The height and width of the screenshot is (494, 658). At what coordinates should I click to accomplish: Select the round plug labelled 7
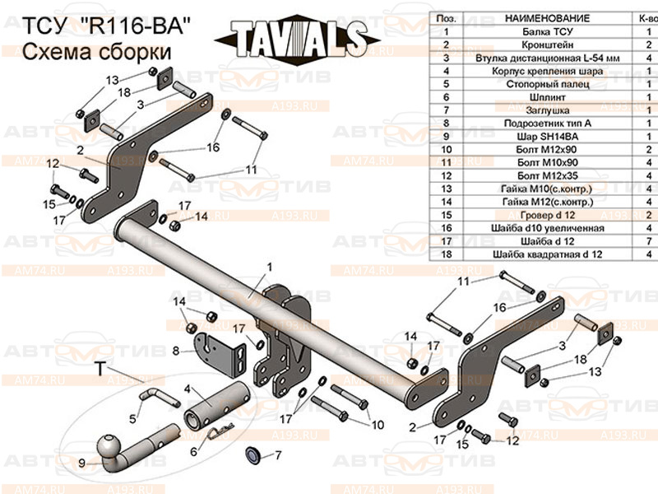point(253,454)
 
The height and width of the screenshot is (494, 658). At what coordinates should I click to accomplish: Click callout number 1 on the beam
point(268,267)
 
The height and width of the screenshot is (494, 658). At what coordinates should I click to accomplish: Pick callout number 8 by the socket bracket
point(175,352)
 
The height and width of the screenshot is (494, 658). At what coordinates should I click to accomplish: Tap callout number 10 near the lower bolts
point(378,425)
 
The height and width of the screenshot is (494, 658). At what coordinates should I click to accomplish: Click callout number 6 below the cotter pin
point(194,451)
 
